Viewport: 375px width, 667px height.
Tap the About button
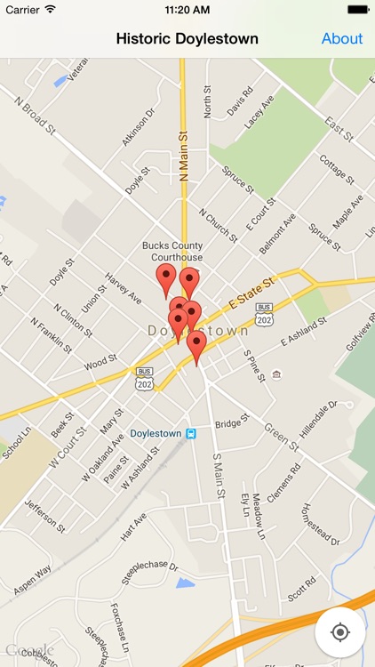(x=341, y=38)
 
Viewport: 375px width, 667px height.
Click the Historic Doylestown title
(x=187, y=38)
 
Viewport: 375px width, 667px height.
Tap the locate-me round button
(x=339, y=632)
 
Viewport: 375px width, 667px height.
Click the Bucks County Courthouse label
(x=172, y=251)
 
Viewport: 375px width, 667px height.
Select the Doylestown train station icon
(x=190, y=433)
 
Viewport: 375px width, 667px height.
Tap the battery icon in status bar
(x=357, y=9)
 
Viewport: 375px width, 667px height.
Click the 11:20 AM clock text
(x=187, y=9)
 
